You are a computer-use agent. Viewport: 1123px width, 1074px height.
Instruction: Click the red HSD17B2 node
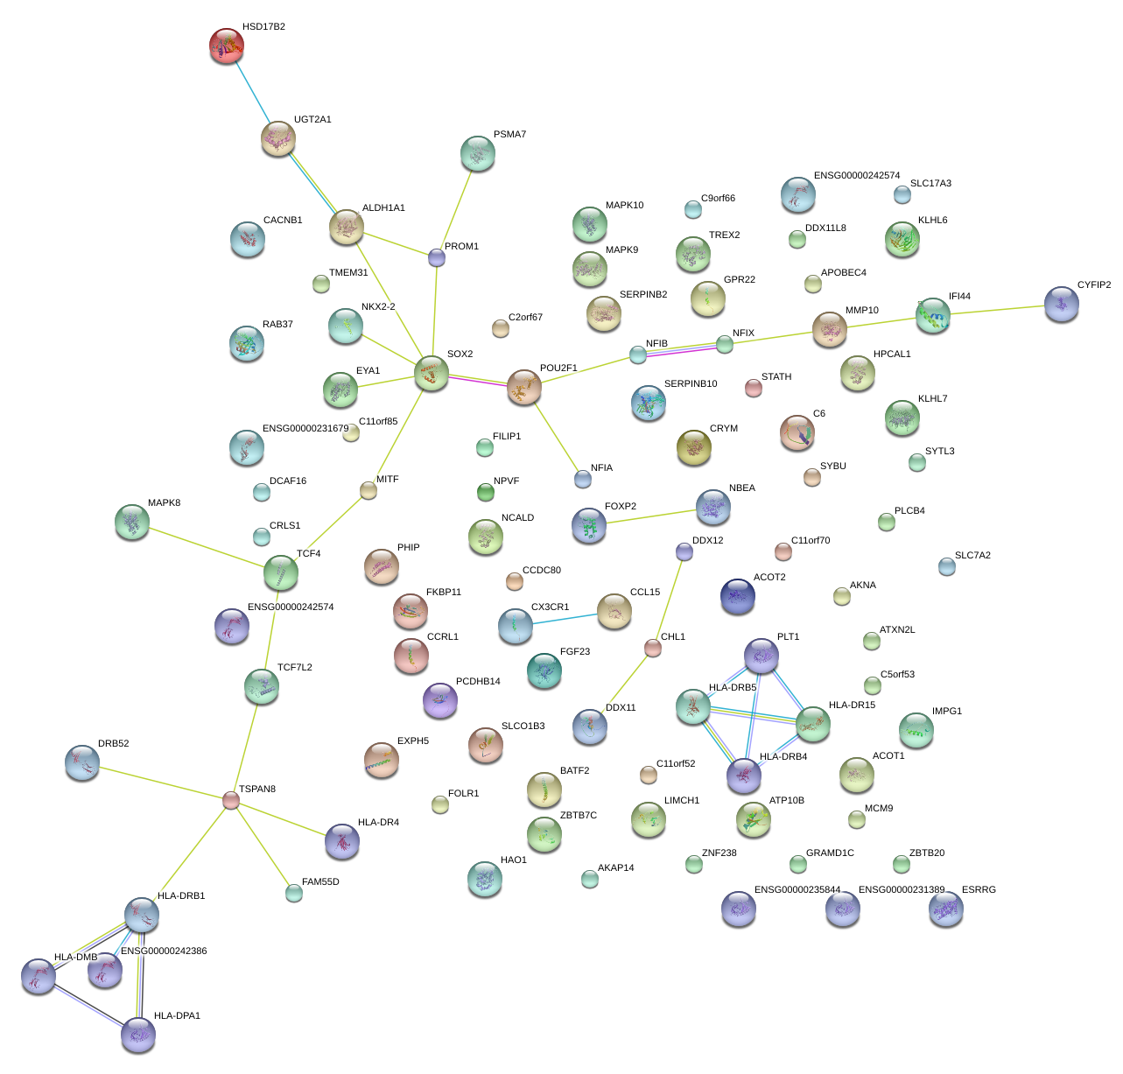coord(227,46)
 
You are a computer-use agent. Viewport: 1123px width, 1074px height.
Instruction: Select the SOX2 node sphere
coord(431,373)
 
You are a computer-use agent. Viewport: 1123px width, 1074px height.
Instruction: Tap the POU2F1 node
coord(524,387)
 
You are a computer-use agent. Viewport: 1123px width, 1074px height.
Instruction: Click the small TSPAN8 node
coord(231,800)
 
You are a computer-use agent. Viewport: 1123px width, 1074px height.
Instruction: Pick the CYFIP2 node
coord(1061,304)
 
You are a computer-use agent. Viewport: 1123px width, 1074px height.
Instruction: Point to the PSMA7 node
coord(477,153)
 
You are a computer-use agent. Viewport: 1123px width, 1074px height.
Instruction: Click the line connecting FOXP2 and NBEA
coord(651,516)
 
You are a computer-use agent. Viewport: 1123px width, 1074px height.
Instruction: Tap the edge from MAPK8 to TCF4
coord(207,547)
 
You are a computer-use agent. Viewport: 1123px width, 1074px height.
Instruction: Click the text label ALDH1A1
coord(383,208)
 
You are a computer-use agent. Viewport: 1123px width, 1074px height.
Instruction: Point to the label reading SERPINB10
coord(691,384)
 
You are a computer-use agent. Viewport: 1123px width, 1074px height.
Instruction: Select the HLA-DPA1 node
coord(138,1034)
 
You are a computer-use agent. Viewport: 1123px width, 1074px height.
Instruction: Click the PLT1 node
coord(761,656)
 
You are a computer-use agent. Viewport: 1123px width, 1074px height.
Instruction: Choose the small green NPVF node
coord(486,492)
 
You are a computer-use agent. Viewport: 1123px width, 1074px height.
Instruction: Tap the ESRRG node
coord(945,909)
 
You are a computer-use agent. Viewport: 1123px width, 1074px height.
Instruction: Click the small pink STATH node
coord(754,388)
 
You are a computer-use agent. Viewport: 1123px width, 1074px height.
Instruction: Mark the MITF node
coord(368,490)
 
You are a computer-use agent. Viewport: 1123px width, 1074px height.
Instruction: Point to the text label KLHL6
coord(932,221)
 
